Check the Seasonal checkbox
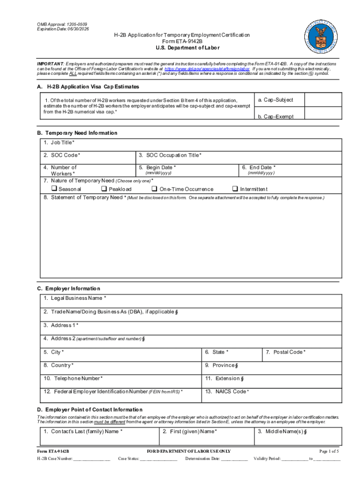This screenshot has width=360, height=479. [54, 189]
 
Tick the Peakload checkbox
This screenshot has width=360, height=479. [104, 189]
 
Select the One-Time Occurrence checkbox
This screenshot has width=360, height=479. [154, 189]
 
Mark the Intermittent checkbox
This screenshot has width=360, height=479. [235, 189]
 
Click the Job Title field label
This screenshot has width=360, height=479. [59, 142]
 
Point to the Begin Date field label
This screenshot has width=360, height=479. [161, 167]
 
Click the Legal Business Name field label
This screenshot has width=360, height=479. [75, 298]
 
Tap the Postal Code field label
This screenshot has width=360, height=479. [286, 352]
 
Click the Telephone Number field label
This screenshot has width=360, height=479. [73, 378]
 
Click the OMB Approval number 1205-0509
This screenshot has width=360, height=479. [75, 24]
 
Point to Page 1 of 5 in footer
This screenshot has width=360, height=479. [329, 451]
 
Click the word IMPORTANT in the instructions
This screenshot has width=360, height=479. [50, 63]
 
